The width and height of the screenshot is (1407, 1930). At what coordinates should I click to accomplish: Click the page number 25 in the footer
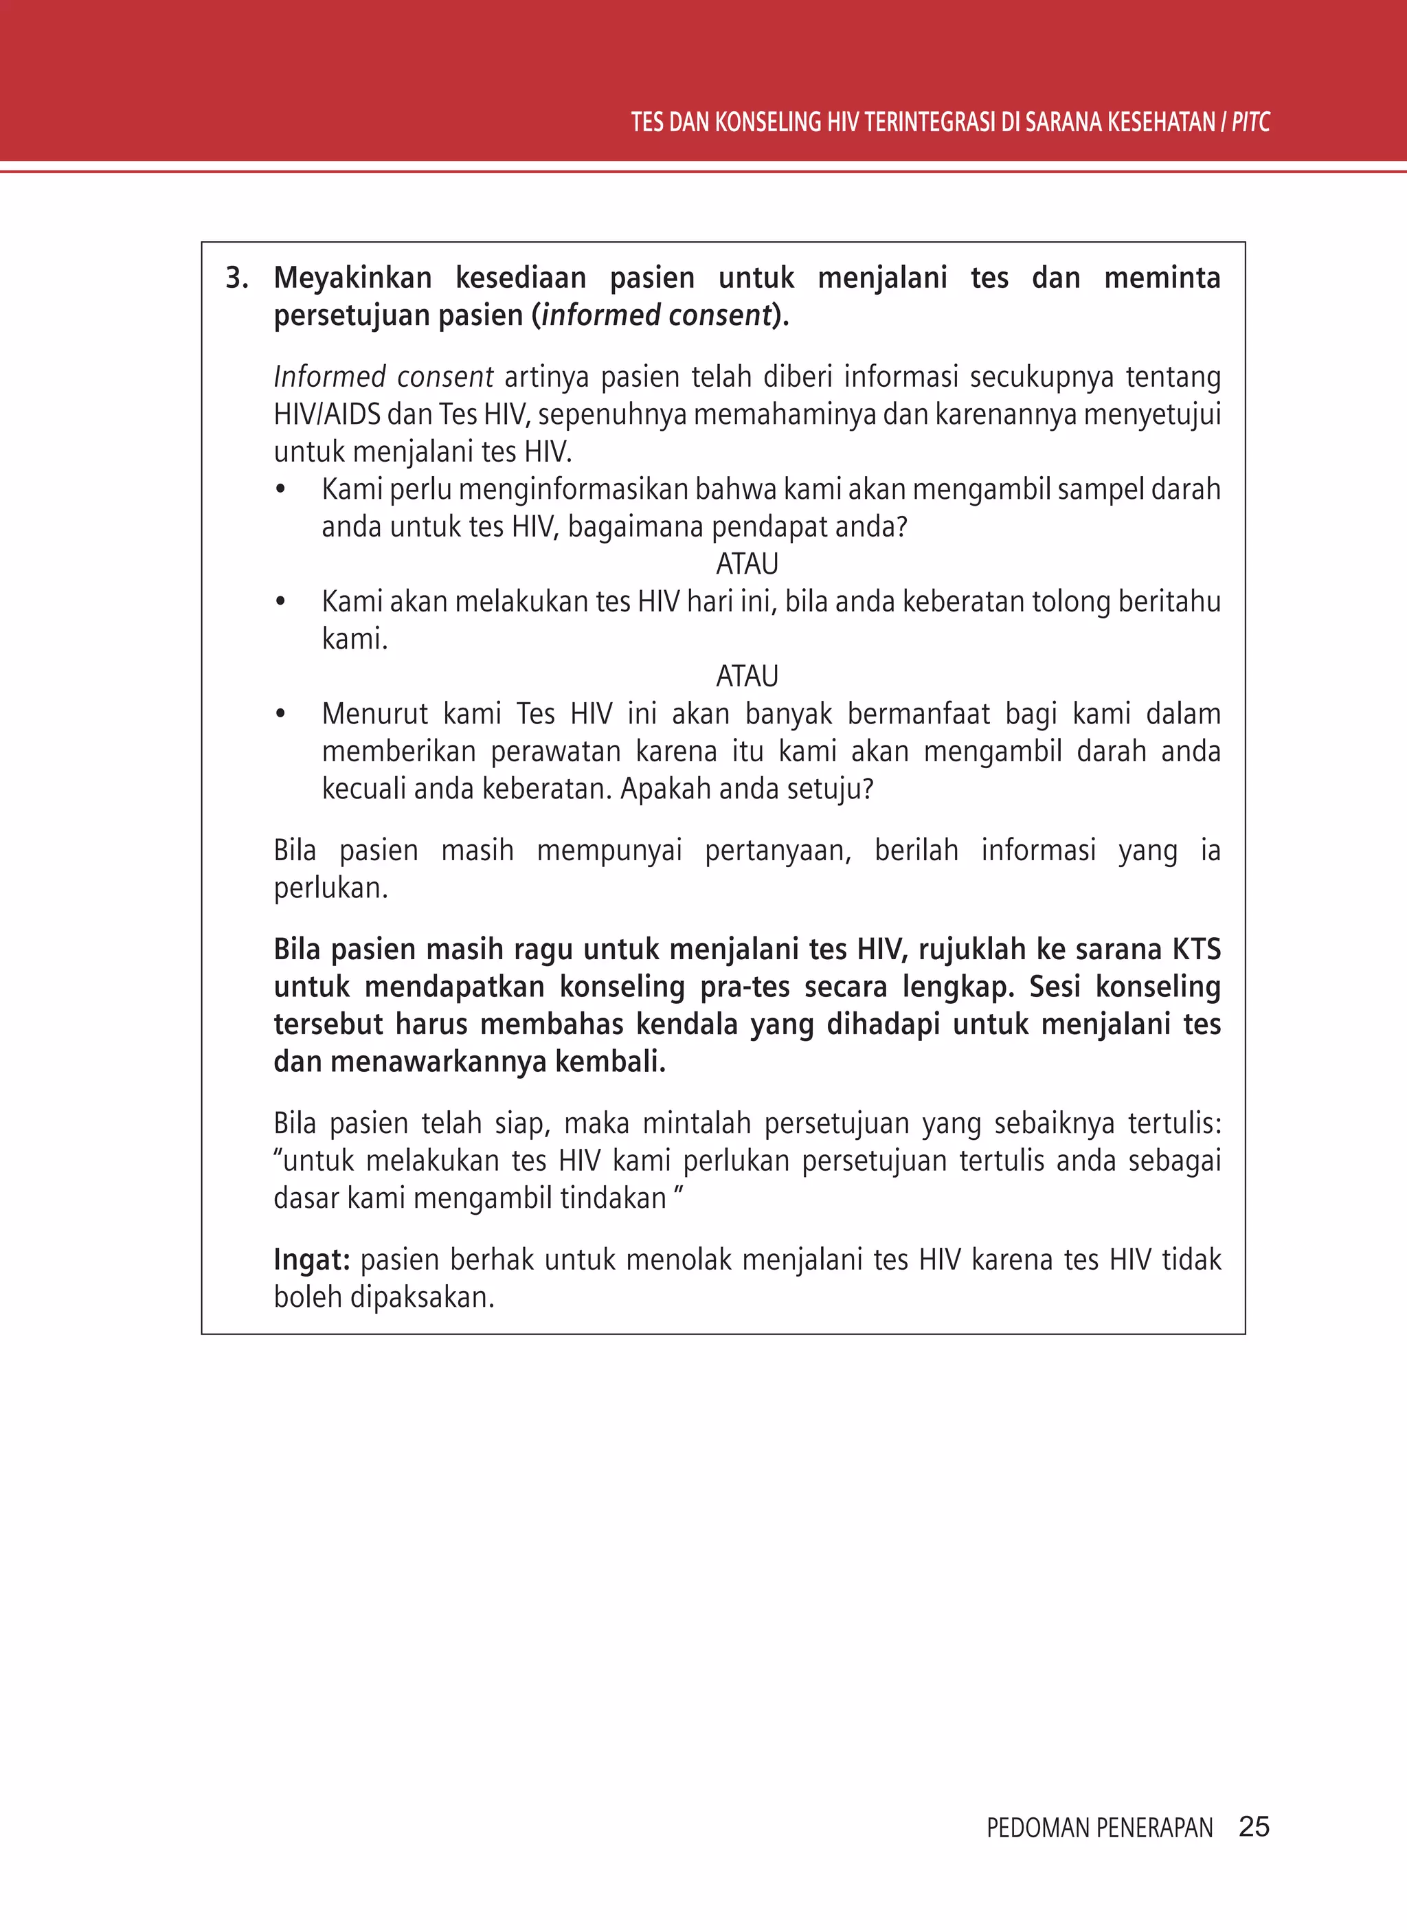tap(1254, 1826)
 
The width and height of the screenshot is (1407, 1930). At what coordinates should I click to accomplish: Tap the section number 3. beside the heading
tap(237, 278)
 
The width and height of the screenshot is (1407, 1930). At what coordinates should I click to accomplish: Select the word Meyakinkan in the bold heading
tap(352, 278)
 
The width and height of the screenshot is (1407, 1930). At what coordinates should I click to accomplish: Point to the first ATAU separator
tap(747, 564)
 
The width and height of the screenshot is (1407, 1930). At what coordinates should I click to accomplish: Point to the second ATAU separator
tap(747, 676)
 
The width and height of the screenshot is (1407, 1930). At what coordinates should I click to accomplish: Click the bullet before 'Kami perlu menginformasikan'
tap(280, 491)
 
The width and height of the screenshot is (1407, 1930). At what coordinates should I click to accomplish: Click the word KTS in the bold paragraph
tap(1196, 949)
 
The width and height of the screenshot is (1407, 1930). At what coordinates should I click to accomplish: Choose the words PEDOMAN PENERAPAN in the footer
tap(1099, 1828)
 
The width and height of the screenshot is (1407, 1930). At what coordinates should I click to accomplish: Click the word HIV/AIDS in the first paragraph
tap(327, 415)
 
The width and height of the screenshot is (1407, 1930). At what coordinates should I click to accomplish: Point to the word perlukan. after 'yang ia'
tap(330, 888)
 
